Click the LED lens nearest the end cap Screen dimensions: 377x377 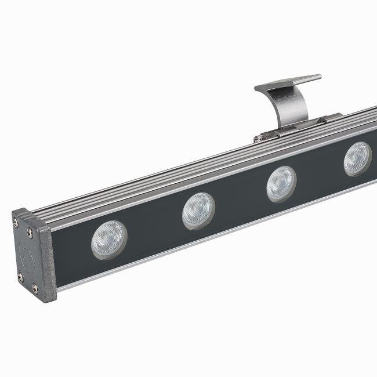tap(108, 239)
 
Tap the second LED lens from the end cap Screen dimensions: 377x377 tap(198, 211)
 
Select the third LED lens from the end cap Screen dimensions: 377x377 tap(281, 184)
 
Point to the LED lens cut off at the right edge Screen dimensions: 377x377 tap(357, 158)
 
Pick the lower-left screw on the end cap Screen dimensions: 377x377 tap(20, 277)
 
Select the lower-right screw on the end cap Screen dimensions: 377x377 tap(35, 288)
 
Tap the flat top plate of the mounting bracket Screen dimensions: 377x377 tap(288, 82)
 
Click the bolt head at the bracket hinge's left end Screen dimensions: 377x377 tap(256, 139)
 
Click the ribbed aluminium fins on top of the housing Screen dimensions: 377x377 tap(174, 168)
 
